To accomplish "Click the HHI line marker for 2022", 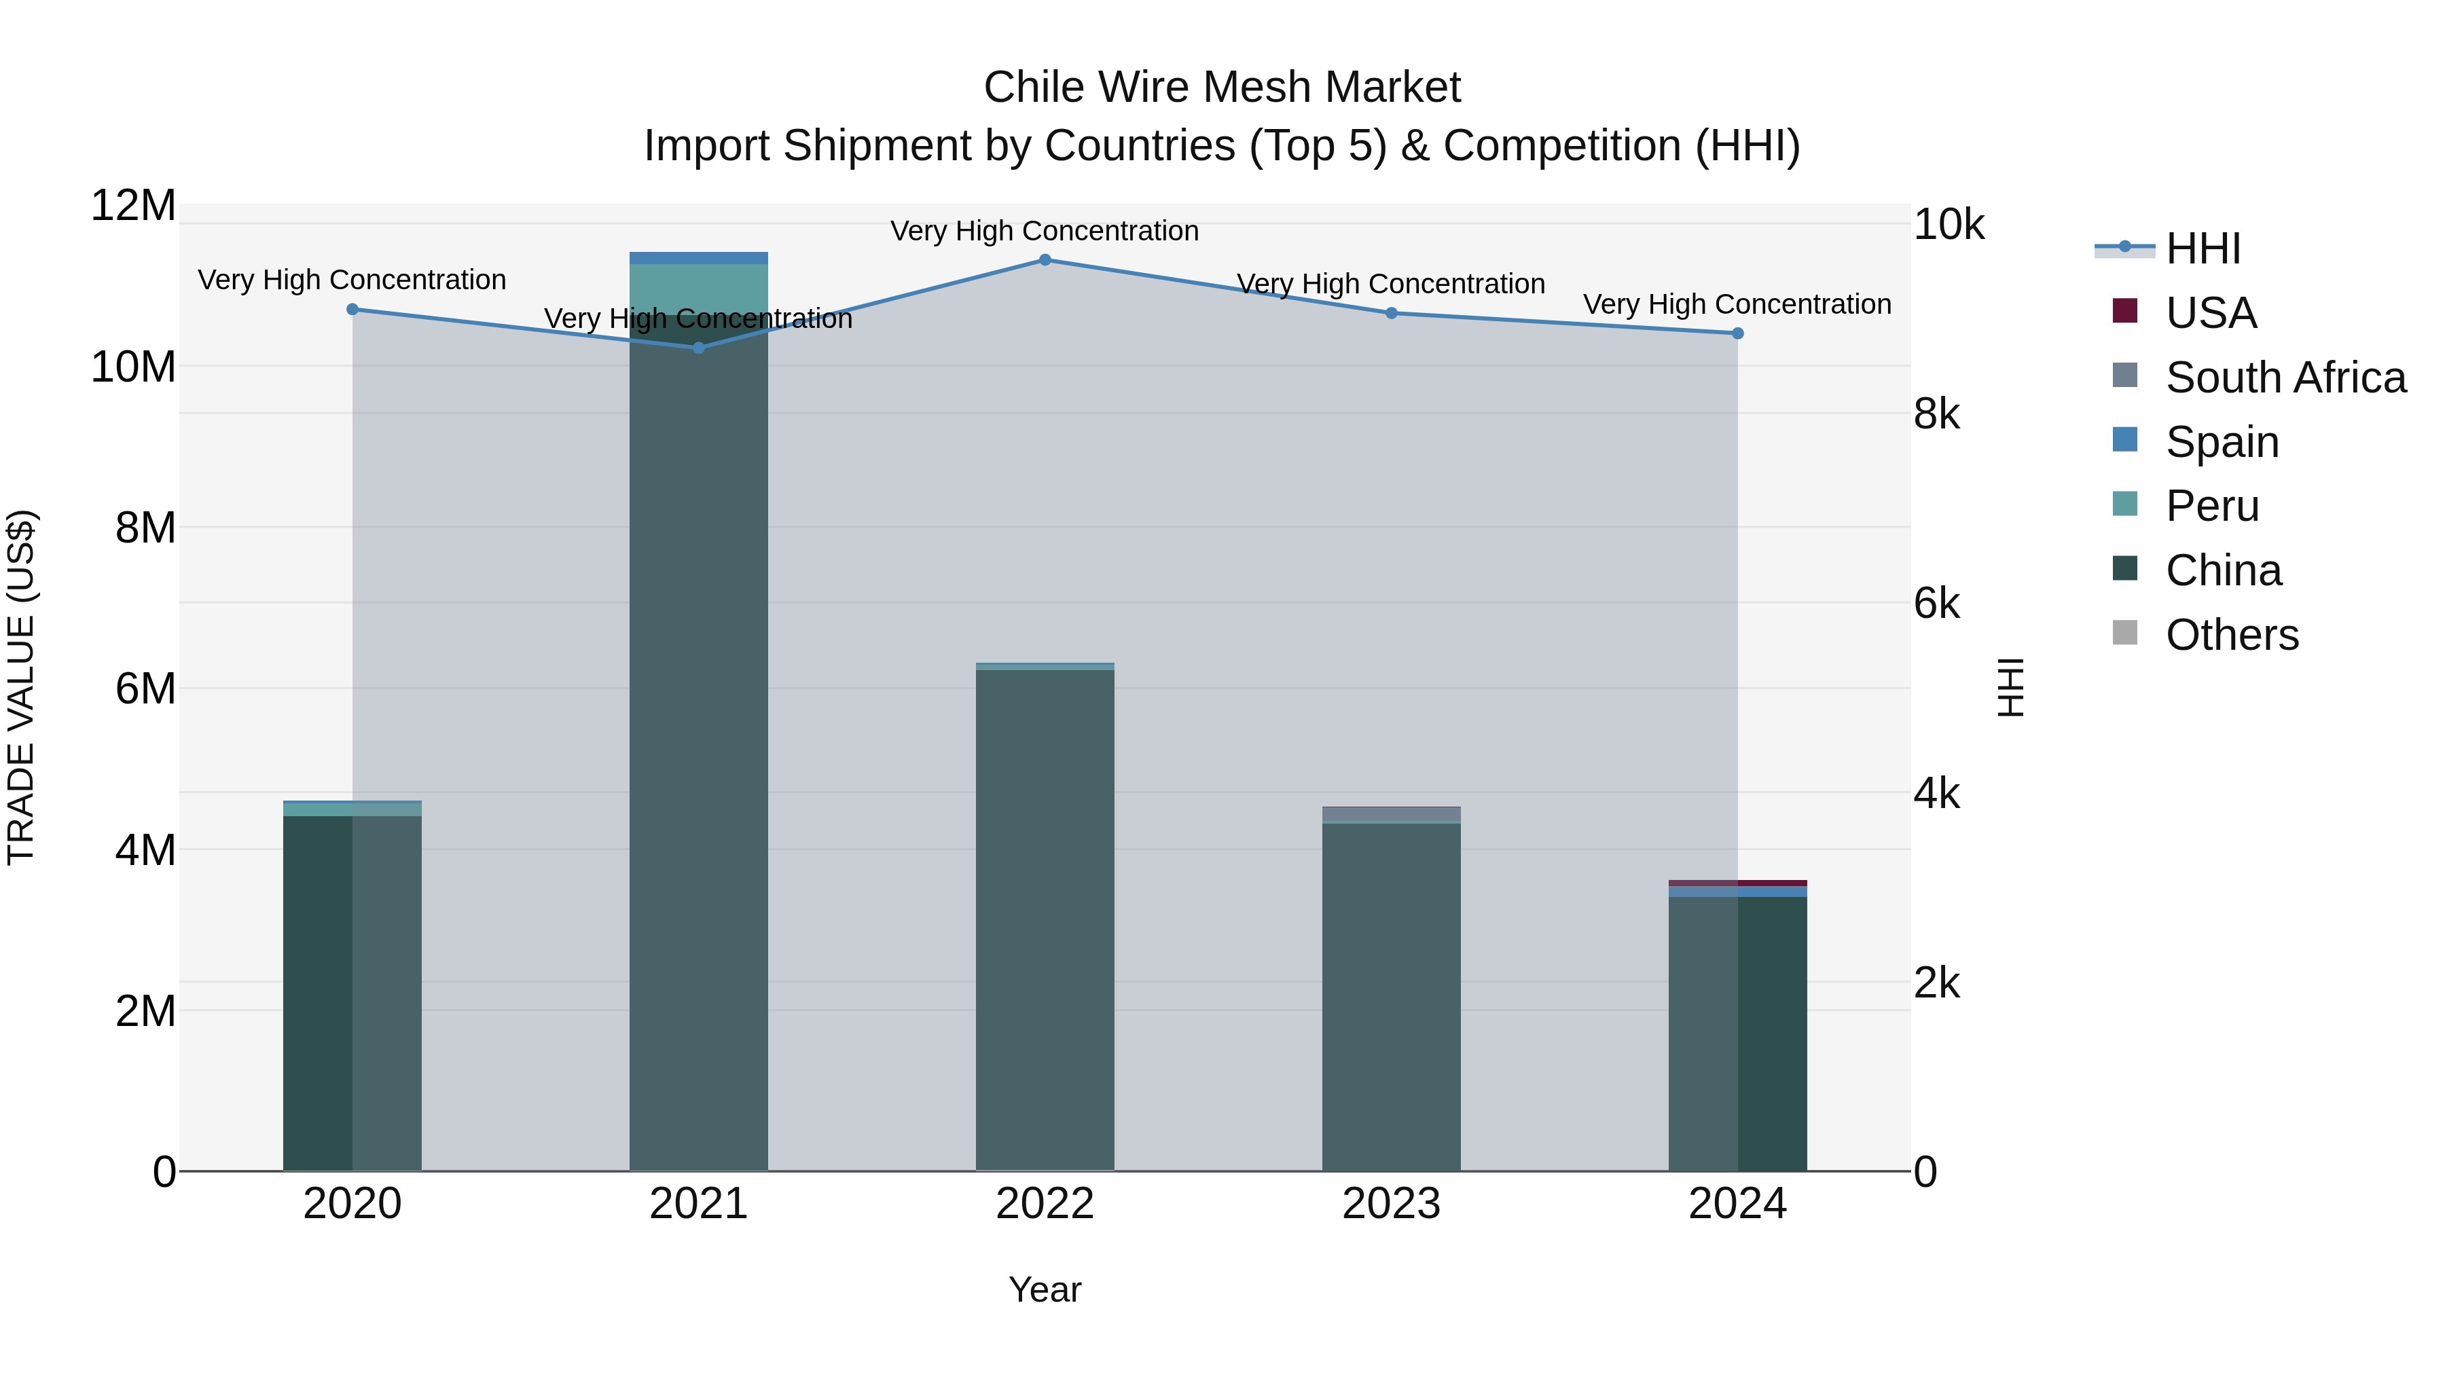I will point(1045,260).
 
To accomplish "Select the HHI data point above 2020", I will point(352,310).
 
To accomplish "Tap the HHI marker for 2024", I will point(1738,333).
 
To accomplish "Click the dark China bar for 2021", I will point(699,759).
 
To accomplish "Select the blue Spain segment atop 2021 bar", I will point(699,258).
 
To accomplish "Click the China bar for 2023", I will point(1392,996).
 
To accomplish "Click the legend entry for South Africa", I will point(2285,378).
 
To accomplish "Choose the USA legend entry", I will point(2211,313).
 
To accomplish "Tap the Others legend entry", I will point(2232,635).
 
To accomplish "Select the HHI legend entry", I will point(2203,249).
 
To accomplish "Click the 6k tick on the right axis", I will point(1936,604).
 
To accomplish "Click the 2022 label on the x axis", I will point(1045,1204).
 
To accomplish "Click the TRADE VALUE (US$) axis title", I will point(21,688).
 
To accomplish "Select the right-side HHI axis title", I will point(2011,688).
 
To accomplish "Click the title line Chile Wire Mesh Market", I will point(1222,88).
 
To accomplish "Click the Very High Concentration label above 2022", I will point(1045,231).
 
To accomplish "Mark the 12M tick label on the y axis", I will point(133,206).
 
